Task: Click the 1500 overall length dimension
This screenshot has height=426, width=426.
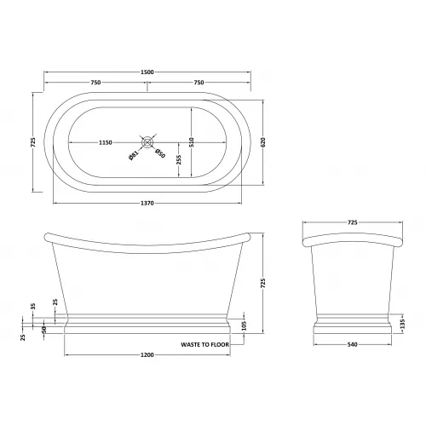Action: point(147,72)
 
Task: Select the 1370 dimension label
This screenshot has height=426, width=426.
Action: point(147,203)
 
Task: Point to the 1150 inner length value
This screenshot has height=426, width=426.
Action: point(106,142)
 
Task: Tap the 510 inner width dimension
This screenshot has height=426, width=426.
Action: point(192,142)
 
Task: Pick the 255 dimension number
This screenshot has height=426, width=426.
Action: point(179,159)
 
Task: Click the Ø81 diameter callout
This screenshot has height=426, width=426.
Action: point(133,156)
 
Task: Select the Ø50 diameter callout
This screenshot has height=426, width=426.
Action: point(160,153)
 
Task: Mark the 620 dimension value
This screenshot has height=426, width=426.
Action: point(262,142)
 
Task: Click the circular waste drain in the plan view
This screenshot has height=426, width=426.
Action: point(147,142)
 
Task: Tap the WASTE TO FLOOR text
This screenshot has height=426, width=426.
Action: point(204,344)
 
